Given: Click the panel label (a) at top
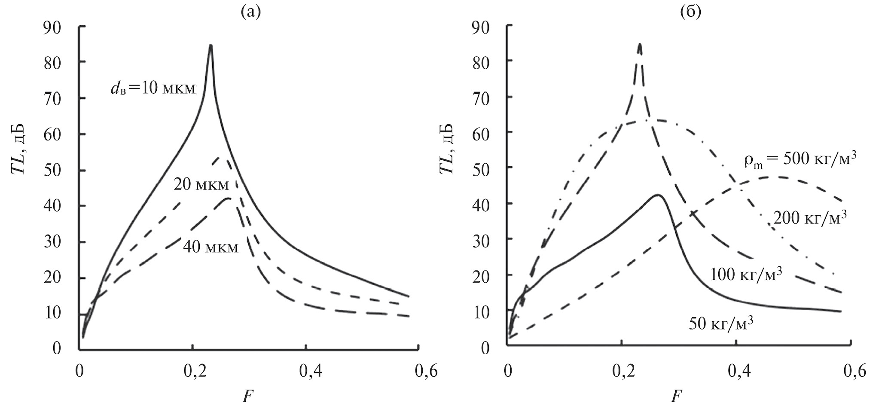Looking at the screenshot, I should [251, 12].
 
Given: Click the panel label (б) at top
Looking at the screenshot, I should [691, 12].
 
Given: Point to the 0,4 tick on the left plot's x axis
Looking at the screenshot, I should [306, 371].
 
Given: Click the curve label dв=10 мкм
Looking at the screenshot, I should [152, 89].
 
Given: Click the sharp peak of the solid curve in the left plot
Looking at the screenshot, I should [211, 45].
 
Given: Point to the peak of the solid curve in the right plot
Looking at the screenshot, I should [657, 195].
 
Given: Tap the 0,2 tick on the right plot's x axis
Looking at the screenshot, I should [622, 371].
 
